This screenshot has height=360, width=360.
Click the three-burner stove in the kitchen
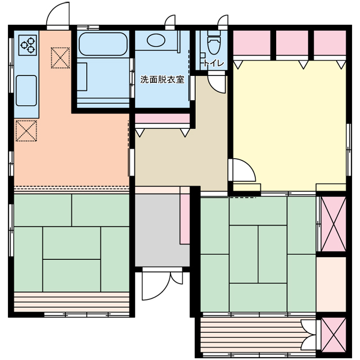pos(28,45)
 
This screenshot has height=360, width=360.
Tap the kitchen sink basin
pos(26,91)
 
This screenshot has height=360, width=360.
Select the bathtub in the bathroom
pos(103,44)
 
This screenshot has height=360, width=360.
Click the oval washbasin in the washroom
pos(156,40)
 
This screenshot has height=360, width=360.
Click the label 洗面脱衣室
pos(163,80)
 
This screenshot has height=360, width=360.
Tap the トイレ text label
pos(214,63)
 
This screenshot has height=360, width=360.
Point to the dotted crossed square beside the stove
pos(60,58)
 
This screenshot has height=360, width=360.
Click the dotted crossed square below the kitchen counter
pos(26,130)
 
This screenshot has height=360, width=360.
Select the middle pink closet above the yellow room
pos(292,43)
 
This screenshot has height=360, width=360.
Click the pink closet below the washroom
pos(163,118)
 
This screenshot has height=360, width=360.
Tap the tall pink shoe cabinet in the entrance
pos(185,215)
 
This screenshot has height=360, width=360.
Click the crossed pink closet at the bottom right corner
pos(334,335)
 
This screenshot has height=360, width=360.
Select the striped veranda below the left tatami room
pos(71,302)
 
